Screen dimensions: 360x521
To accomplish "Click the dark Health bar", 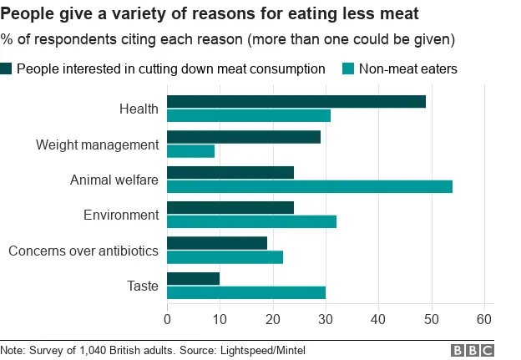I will coord(296,102).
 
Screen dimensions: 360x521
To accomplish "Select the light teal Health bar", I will coord(249,115).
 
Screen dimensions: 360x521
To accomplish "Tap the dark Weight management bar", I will coord(244,137).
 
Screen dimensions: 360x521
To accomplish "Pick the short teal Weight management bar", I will coord(191,151).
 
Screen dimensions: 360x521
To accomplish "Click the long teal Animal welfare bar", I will coord(310,186).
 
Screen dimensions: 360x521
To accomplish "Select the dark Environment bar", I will coord(230,208).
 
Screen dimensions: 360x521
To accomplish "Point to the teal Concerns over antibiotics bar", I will coord(225,257).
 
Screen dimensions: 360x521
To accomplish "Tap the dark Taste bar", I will coord(194,279).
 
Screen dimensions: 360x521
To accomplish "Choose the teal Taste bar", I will coord(246,292).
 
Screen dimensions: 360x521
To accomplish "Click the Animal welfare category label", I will coord(114,180).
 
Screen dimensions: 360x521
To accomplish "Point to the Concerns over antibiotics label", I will coord(83,251).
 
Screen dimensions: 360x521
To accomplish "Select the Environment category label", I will coord(121,215).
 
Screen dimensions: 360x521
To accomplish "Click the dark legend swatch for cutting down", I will coord(7,68).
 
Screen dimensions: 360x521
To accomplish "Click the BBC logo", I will coord(473,350).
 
